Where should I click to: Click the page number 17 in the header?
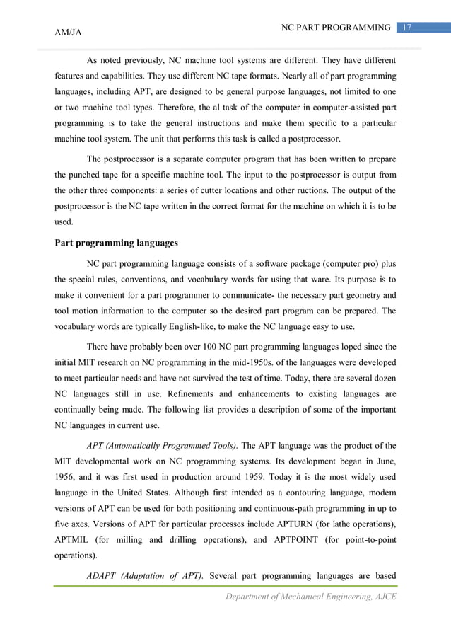[x=407, y=28]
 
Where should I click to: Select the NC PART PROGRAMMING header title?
[x=336, y=28]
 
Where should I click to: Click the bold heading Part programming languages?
[x=116, y=243]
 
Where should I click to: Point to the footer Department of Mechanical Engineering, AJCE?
[x=310, y=597]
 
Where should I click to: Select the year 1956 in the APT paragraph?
[x=67, y=477]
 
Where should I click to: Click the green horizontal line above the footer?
[x=225, y=585]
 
